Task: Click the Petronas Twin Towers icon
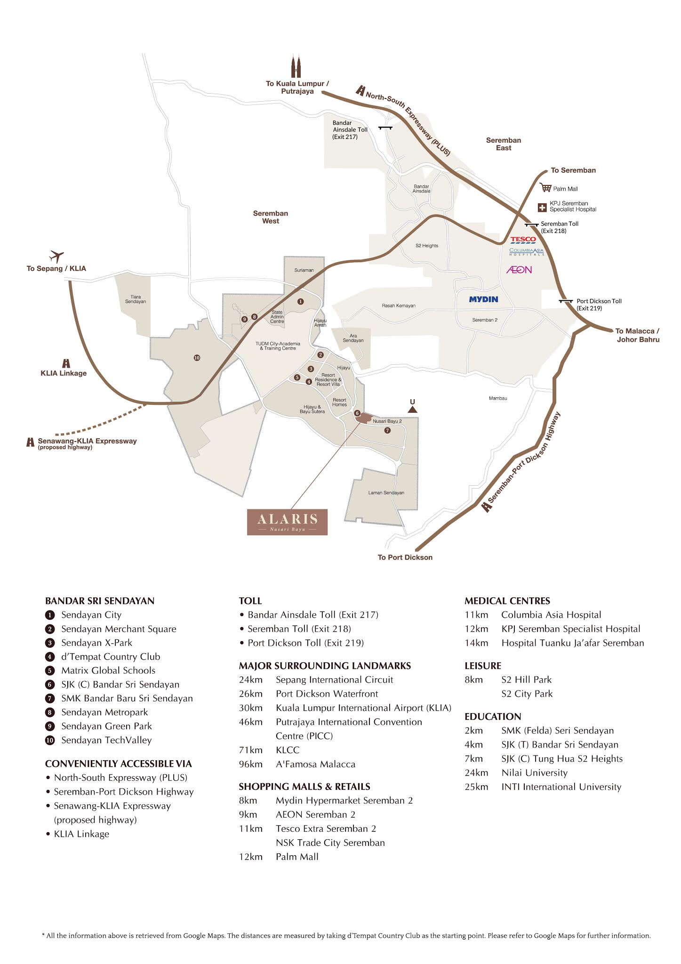coord(296,67)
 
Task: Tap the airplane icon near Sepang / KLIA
coord(56,257)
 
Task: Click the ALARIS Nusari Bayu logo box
coord(287,522)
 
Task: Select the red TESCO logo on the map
coord(523,240)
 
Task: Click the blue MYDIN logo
coord(483,299)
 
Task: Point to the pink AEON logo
coord(519,270)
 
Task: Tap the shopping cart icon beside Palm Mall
coord(545,188)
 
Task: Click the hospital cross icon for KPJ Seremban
coord(542,207)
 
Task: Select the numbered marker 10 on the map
coord(197,358)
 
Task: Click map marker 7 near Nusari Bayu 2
coord(387,430)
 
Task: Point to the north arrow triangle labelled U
coord(412,410)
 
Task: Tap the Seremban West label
coord(270,217)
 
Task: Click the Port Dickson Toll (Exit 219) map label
coord(599,305)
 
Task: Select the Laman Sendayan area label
coord(386,493)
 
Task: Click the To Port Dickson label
coord(405,557)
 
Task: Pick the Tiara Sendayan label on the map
coord(136,299)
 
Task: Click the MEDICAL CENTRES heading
coord(507,601)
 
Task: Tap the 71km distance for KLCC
coord(250,750)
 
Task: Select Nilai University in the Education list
coord(534,772)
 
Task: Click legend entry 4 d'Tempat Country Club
coord(110,657)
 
